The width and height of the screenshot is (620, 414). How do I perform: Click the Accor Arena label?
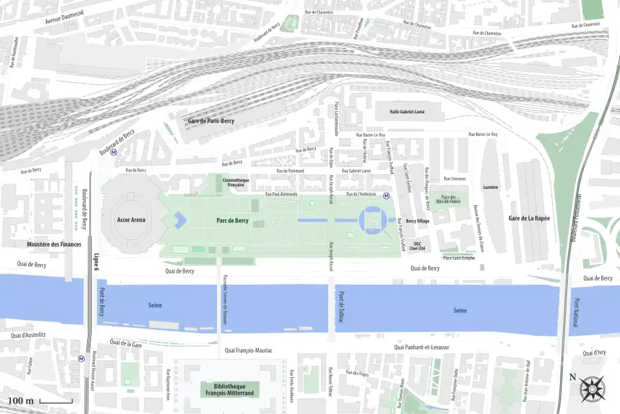pos(131,220)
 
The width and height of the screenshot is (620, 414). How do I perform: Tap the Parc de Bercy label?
pos(232,221)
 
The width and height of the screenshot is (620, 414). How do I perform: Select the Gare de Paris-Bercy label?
pos(211,121)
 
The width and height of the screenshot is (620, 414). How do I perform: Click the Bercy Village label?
pos(417,221)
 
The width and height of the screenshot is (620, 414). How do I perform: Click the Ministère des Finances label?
pos(54,244)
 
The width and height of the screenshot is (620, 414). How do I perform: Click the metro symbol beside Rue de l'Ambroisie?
pos(387,195)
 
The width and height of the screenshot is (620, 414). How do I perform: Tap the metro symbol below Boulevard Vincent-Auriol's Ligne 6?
pos(81,358)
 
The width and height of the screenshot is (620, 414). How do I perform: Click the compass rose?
pos(592,389)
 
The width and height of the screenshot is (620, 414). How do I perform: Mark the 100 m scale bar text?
pos(21,401)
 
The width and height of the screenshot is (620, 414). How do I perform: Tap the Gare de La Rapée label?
pos(529,219)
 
